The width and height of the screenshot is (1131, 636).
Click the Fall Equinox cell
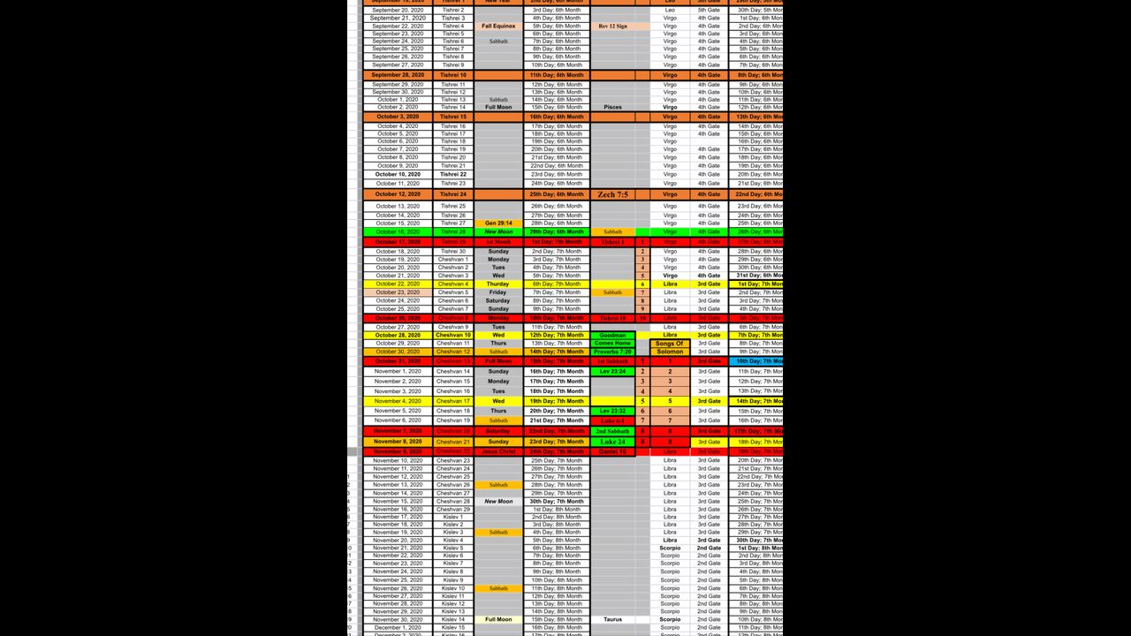pyautogui.click(x=498, y=26)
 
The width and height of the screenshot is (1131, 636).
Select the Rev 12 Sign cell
pyautogui.click(x=612, y=26)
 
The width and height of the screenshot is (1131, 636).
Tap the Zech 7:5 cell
pyautogui.click(x=612, y=194)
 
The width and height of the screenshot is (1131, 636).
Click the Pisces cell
pyautogui.click(x=612, y=107)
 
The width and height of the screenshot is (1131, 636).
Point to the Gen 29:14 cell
pyautogui.click(x=498, y=223)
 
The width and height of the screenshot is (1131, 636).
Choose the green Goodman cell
pyautogui.click(x=612, y=336)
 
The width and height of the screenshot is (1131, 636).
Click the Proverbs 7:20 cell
pyautogui.click(x=612, y=352)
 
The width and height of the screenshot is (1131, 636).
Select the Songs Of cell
pyautogui.click(x=670, y=344)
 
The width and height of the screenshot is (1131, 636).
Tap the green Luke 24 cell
pyautogui.click(x=612, y=442)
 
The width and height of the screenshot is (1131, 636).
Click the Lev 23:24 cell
pyautogui.click(x=612, y=372)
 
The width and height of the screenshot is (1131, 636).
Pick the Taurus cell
pyautogui.click(x=612, y=619)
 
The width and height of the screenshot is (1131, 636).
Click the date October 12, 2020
pyautogui.click(x=398, y=194)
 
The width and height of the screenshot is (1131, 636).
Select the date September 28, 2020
pyautogui.click(x=398, y=75)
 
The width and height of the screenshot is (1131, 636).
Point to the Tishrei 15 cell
pyautogui.click(x=453, y=117)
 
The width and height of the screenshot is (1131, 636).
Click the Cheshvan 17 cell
pyautogui.click(x=453, y=401)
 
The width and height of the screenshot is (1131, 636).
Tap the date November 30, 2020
pyautogui.click(x=398, y=619)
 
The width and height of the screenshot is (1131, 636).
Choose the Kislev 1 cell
pyautogui.click(x=453, y=517)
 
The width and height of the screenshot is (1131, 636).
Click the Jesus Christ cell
pyautogui.click(x=498, y=451)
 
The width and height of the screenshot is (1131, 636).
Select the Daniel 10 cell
pyautogui.click(x=612, y=451)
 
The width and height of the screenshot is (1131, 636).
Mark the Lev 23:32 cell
pyautogui.click(x=612, y=411)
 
